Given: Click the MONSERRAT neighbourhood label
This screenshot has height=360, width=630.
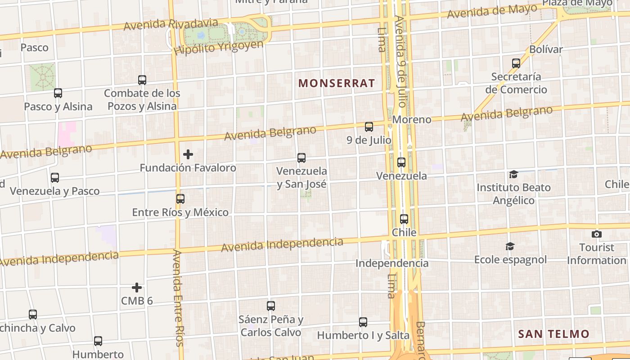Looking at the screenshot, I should pyautogui.click(x=337, y=83).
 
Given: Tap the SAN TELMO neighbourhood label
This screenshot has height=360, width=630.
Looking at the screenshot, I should pyautogui.click(x=553, y=334).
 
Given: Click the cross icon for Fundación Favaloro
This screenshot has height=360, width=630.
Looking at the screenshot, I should pyautogui.click(x=188, y=154).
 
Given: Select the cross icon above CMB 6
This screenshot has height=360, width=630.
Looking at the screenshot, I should pyautogui.click(x=137, y=288).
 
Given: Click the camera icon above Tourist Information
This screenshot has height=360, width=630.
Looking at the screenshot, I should pyautogui.click(x=597, y=234).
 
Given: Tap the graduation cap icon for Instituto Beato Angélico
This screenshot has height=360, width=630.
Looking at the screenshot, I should pyautogui.click(x=513, y=174).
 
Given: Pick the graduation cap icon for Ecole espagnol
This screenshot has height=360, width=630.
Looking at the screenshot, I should pyautogui.click(x=510, y=246).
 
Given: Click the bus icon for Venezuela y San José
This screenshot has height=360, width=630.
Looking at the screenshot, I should pyautogui.click(x=301, y=158).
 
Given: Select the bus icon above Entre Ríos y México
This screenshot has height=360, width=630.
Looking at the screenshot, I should pyautogui.click(x=180, y=198).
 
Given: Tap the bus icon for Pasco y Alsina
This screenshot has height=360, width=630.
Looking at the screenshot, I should pyautogui.click(x=58, y=93).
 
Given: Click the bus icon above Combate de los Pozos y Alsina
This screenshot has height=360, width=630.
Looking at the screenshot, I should pyautogui.click(x=142, y=80).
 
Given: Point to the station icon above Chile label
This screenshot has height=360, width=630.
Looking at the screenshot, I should pyautogui.click(x=404, y=219).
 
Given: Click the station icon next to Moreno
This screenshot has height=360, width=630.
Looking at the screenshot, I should pyautogui.click(x=369, y=127).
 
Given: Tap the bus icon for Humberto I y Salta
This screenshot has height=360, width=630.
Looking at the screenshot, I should pyautogui.click(x=363, y=322).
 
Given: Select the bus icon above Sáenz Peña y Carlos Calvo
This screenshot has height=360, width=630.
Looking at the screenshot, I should pyautogui.click(x=271, y=306).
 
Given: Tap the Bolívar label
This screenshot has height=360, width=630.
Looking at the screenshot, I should pyautogui.click(x=546, y=49).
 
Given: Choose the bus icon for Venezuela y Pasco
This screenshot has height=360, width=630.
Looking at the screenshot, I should pyautogui.click(x=55, y=178).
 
